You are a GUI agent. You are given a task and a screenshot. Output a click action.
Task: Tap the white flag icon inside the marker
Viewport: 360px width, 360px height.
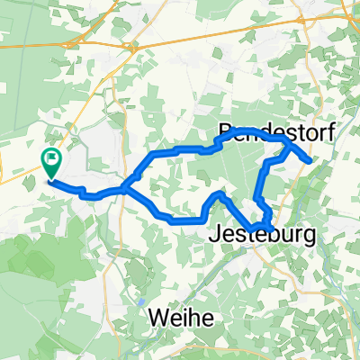tap(51, 160)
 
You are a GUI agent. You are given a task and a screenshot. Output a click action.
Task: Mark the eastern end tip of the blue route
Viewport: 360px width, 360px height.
tap(311, 162)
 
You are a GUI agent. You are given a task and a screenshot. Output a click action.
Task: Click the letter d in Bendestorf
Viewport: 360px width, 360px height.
tap(263, 133)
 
